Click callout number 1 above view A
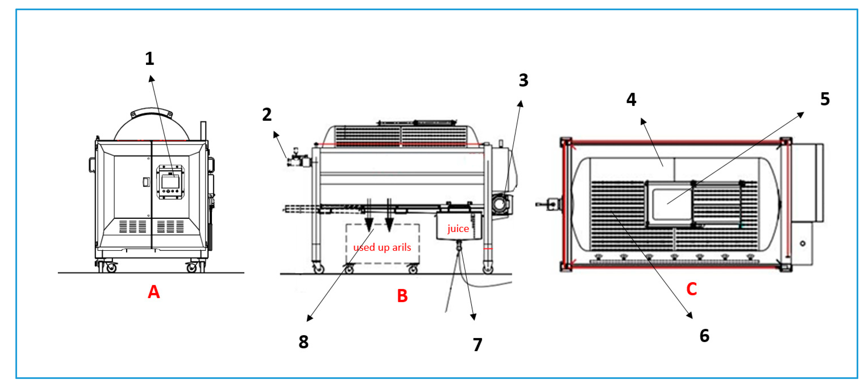click(150, 59)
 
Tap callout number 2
click(267, 115)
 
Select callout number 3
click(523, 80)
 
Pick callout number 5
click(825, 99)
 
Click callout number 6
click(704, 336)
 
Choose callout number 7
click(477, 345)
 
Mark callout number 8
click(303, 342)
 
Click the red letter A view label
click(154, 292)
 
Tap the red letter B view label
click(402, 296)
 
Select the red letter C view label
click(691, 289)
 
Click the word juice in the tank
click(458, 229)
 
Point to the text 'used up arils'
click(382, 247)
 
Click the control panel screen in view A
click(170, 182)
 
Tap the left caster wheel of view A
click(110, 268)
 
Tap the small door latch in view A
click(146, 182)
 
